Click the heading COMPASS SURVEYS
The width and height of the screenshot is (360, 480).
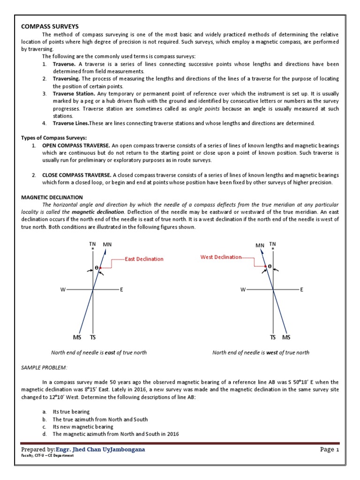tap(50, 26)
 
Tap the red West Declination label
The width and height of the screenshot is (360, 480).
tap(221, 257)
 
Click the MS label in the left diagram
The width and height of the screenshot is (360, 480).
tap(77, 337)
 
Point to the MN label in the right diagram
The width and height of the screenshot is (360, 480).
tap(260, 245)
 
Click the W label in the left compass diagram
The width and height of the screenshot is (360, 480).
tap(62, 290)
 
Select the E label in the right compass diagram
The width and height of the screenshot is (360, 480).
tap(302, 290)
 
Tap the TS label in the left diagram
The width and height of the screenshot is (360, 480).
tap(93, 337)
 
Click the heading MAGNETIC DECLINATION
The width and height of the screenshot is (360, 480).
tap(52, 198)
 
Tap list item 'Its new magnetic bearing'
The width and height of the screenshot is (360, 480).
tap(82, 427)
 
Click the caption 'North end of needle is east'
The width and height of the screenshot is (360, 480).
tap(98, 352)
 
